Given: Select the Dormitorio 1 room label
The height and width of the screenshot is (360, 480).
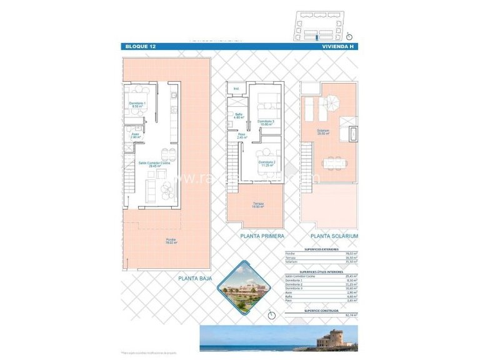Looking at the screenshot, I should [x=137, y=104].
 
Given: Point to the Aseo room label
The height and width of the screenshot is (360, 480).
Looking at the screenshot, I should [x=135, y=134].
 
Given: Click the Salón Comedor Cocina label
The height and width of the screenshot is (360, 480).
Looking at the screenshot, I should [x=154, y=165].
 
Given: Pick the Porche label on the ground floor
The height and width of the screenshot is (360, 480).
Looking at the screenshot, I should [x=171, y=241].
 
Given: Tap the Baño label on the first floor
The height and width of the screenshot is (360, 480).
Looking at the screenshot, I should [x=239, y=116].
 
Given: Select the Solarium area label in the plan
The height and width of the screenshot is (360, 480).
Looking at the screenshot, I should [x=323, y=132].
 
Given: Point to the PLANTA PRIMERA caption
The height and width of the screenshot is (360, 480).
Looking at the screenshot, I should [x=262, y=236].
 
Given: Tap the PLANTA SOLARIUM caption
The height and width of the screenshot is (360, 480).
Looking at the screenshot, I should [x=334, y=236].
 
